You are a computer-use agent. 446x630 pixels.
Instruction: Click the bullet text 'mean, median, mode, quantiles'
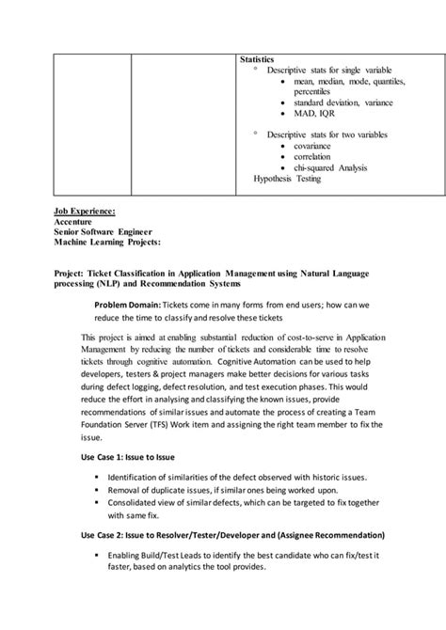(x=350, y=83)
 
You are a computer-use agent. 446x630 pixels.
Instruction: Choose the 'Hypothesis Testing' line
(x=287, y=178)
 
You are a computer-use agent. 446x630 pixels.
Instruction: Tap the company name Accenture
(x=79, y=221)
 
